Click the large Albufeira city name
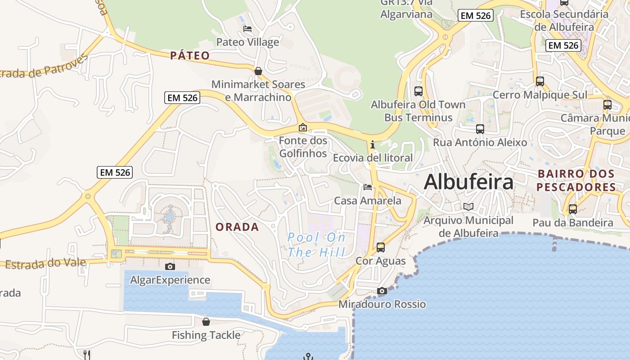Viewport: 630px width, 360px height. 468,182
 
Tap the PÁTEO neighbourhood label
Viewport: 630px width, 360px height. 190,55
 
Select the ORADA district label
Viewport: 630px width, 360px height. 237,227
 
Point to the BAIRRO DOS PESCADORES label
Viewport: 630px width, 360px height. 576,180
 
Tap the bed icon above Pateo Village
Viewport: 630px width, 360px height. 247,29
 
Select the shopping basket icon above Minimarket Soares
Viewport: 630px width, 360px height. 258,71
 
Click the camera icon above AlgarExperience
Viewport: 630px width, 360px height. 170,266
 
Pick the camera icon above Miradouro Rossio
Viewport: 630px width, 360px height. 382,291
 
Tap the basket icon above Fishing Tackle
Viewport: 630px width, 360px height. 206,322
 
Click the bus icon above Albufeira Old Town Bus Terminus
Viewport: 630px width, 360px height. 418,91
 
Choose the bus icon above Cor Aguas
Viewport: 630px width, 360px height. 381,247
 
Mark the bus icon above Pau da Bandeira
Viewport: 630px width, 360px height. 572,209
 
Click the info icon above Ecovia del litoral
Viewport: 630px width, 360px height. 373,144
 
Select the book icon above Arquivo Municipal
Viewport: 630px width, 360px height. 468,207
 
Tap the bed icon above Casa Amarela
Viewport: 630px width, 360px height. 368,187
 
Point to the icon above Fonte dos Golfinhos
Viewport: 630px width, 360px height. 303,127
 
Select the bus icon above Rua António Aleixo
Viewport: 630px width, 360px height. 480,129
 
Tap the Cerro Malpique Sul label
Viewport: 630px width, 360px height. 540,95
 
